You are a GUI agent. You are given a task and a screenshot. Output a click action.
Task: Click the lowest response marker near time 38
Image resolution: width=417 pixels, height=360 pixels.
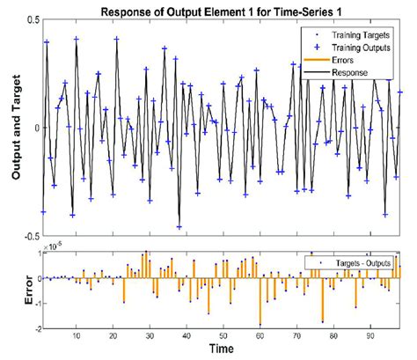[179, 227]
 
